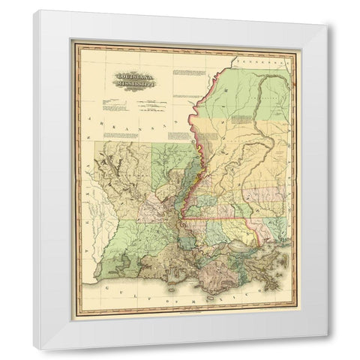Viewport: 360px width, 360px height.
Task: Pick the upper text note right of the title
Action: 187,74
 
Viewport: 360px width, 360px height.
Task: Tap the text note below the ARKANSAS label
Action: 178,136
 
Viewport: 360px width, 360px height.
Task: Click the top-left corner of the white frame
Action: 34,11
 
